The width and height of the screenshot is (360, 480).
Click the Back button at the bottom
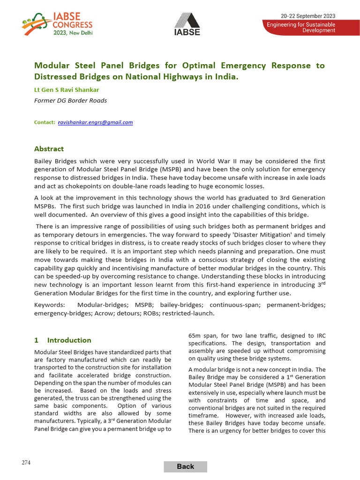point(185,466)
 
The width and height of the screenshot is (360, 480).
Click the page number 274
point(26,463)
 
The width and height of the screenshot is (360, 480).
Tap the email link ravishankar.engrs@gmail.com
point(95,122)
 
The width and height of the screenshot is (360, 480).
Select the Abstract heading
point(49,149)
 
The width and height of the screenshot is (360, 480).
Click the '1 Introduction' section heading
point(63,340)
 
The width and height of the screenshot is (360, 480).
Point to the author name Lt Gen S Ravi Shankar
point(67,90)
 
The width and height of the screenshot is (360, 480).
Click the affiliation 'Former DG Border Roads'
point(70,100)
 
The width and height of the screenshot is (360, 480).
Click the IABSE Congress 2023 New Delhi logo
point(57,24)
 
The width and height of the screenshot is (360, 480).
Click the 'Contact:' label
point(45,122)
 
